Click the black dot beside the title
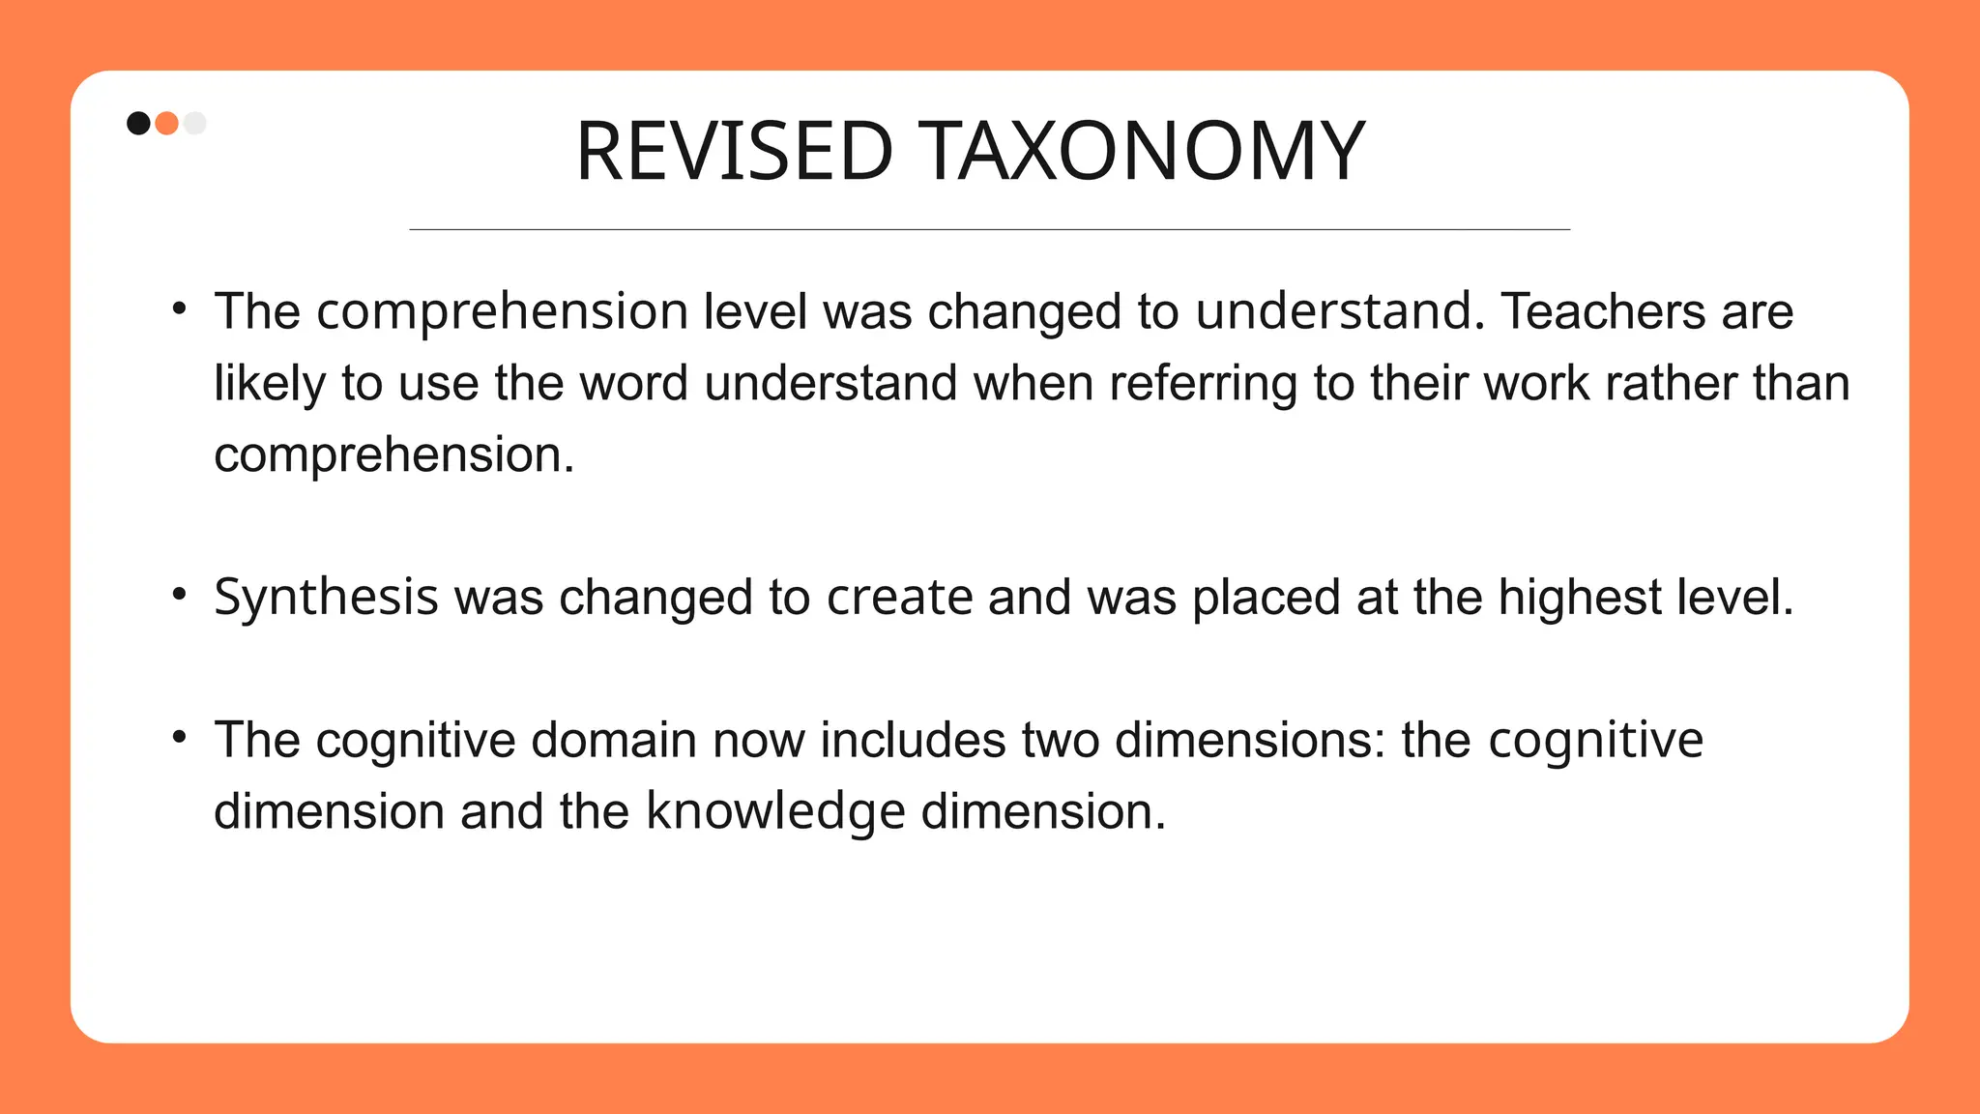click(x=138, y=123)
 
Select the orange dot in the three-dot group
click(x=166, y=123)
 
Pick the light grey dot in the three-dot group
click(x=194, y=123)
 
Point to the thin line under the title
click(x=989, y=229)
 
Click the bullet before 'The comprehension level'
click(x=179, y=309)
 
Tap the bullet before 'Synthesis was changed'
click(x=179, y=595)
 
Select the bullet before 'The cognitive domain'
click(x=179, y=738)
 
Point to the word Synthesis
click(x=326, y=598)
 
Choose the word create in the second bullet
click(x=899, y=598)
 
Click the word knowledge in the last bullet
click(x=775, y=811)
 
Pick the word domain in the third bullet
click(x=614, y=740)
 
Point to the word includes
click(x=913, y=740)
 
